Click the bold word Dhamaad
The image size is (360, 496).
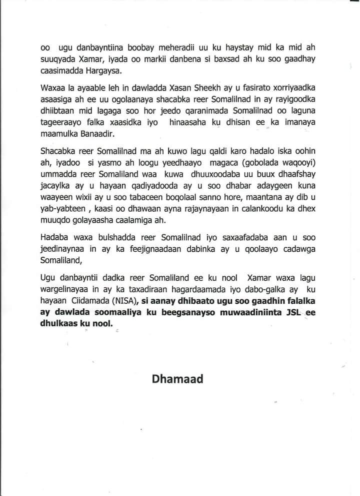[x=177, y=378]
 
